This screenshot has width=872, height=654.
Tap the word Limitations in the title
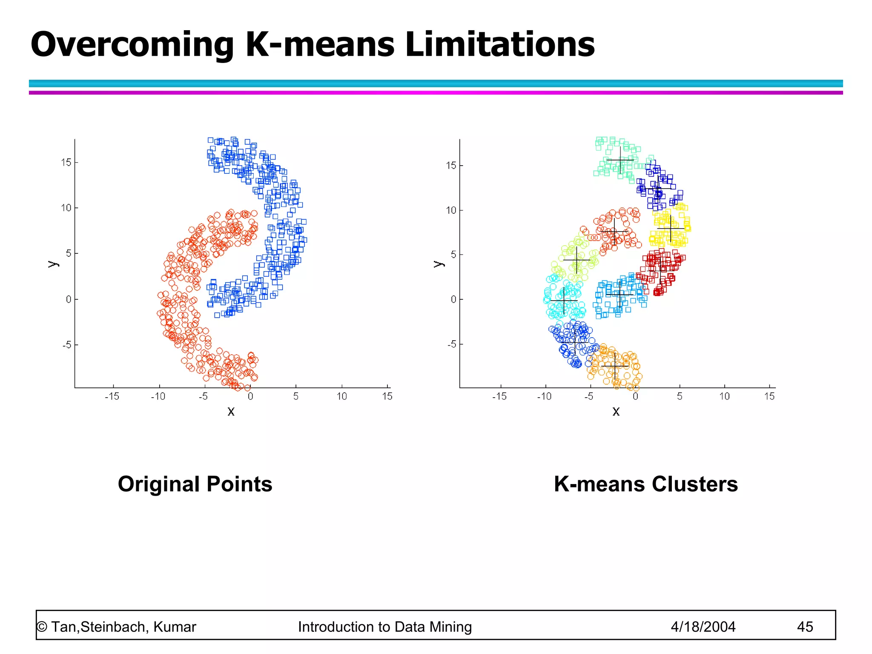point(500,44)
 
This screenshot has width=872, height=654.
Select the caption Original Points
point(195,484)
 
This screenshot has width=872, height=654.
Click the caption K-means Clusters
point(645,484)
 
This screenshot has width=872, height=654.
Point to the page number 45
point(805,627)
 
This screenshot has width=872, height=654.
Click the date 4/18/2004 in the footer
point(703,627)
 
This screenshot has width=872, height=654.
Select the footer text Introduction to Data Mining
point(385,627)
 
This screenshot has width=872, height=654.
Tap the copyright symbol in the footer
point(42,627)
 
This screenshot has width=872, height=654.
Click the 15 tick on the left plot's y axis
point(66,162)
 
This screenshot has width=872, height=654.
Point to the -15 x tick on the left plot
point(112,396)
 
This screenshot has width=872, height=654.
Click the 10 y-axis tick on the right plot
point(451,210)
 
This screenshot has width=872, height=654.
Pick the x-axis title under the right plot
point(616,411)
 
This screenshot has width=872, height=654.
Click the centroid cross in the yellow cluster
point(671,229)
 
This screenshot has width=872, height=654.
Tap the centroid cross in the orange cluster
point(615,366)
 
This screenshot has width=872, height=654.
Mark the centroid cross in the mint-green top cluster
point(620,160)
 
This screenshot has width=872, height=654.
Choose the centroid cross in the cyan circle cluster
point(564,301)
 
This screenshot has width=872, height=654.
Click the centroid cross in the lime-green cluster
point(577,260)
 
